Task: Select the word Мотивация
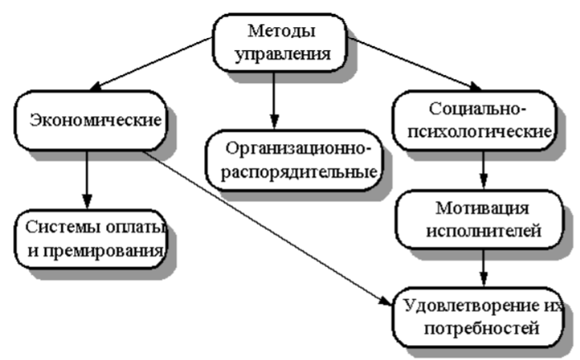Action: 483,207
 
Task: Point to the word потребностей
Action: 480,330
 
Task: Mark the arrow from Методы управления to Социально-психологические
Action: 413,63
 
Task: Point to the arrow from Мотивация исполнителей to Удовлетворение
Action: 485,267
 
